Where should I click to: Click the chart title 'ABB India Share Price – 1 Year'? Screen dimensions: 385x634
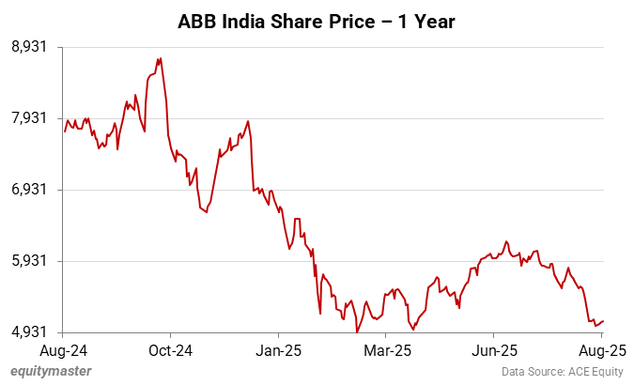(x=317, y=21)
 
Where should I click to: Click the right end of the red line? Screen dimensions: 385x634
(x=603, y=321)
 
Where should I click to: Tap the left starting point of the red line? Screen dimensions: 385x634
(x=64, y=131)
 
